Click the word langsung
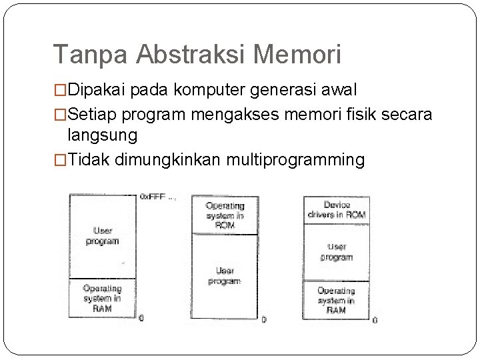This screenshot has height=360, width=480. (103, 135)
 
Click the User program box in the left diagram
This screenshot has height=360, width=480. (102, 235)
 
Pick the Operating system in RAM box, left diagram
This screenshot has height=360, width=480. (102, 298)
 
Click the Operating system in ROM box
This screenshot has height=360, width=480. (225, 215)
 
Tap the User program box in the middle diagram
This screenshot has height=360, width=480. (225, 276)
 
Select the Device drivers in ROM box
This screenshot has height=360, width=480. (337, 210)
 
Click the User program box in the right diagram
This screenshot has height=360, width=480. (337, 252)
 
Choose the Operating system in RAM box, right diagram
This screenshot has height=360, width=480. (337, 300)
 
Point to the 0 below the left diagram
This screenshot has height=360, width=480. (141, 319)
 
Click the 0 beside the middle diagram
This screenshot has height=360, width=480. (264, 319)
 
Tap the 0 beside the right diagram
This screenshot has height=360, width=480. (375, 320)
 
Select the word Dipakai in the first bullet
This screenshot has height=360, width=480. (99, 89)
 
